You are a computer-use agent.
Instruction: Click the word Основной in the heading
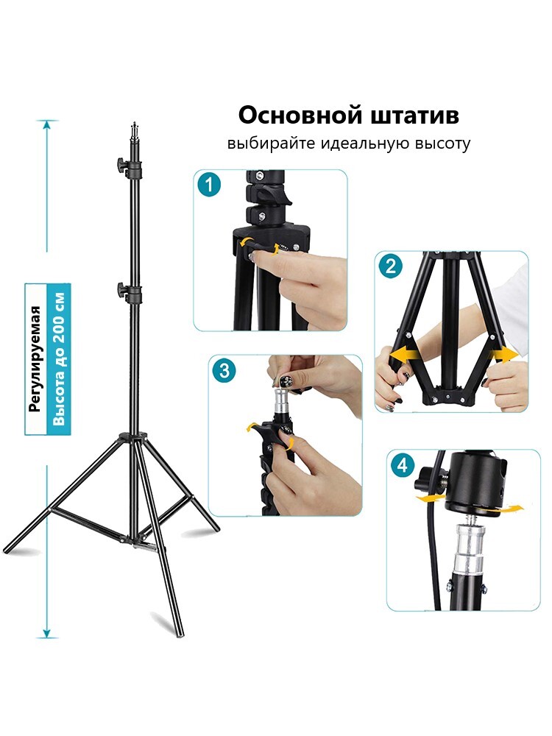(301, 115)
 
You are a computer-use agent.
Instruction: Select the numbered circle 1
(209, 185)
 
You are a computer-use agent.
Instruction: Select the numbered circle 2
(391, 266)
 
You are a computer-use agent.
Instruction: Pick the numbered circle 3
(224, 370)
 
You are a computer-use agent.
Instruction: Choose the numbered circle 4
(403, 465)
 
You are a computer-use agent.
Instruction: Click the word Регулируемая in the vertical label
(35, 359)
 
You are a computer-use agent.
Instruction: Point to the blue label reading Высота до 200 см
(59, 359)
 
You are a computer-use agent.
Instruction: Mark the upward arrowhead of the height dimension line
(46, 125)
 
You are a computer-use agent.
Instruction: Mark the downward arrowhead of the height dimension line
(46, 633)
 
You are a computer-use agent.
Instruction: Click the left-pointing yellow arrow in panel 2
(403, 355)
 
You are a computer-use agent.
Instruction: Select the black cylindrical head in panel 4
(475, 484)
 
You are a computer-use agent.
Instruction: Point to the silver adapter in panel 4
(470, 548)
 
